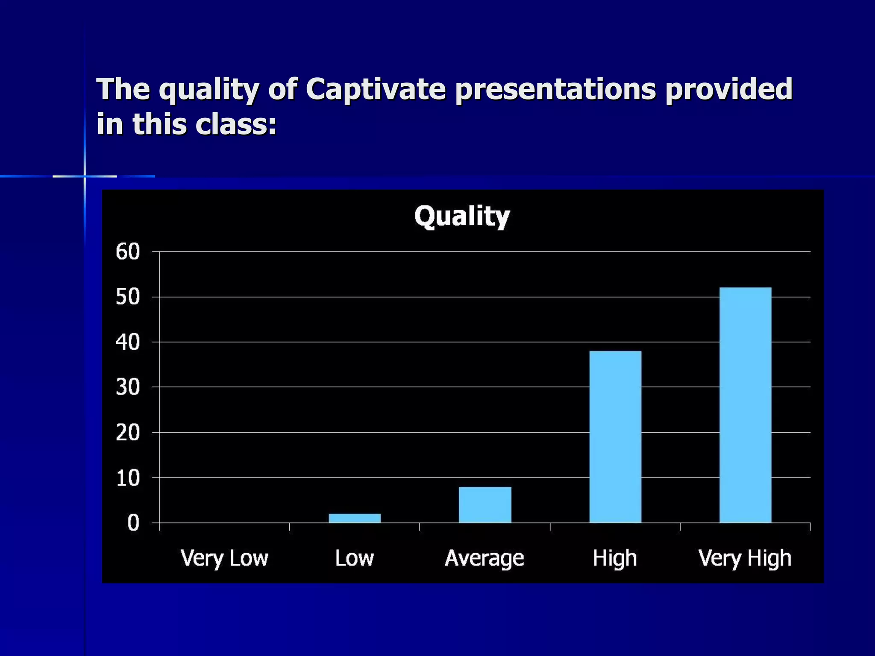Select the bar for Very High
(745, 405)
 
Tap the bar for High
(615, 436)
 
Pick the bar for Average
(485, 504)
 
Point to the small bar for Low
(355, 518)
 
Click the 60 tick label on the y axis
(128, 252)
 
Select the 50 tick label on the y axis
(128, 297)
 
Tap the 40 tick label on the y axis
(128, 342)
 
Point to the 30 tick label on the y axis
(128, 387)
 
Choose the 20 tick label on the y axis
(128, 433)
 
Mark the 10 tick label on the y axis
(128, 478)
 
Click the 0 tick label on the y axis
(133, 523)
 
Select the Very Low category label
(224, 558)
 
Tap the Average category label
(484, 558)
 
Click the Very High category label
(745, 558)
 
